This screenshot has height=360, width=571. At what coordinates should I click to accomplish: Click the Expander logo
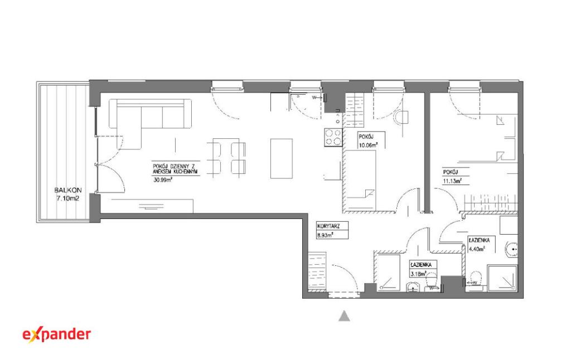click(57, 334)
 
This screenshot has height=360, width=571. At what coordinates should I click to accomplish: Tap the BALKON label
click(67, 190)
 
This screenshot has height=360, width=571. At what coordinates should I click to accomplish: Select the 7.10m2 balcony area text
click(67, 198)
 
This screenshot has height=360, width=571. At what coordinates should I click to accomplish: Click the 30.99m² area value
click(163, 179)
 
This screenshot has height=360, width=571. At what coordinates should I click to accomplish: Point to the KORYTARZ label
click(328, 226)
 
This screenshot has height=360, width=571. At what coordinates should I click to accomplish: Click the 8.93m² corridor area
click(325, 235)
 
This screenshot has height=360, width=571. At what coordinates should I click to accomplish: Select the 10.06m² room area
click(368, 144)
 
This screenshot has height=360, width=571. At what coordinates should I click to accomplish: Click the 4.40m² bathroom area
click(476, 249)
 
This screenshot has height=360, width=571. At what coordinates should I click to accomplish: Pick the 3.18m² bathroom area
click(418, 274)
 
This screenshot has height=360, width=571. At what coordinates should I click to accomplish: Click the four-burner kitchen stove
click(333, 138)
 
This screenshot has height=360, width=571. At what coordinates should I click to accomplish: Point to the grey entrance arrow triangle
click(344, 316)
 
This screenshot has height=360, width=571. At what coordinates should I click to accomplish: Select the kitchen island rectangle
click(282, 158)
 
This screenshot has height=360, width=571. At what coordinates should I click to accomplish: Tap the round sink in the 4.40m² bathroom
click(512, 249)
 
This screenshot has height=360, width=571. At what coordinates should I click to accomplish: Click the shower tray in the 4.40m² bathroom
click(502, 278)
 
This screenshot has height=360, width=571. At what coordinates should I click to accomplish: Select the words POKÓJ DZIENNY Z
click(176, 166)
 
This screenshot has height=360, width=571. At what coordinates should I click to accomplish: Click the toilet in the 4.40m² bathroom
click(476, 280)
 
